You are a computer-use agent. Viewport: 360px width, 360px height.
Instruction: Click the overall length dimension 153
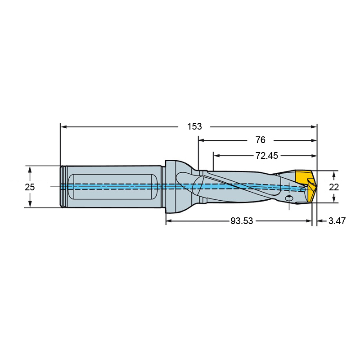point(194,126)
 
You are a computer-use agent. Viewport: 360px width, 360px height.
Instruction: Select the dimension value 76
point(261,140)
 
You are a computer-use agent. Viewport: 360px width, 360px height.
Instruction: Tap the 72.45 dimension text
point(267,156)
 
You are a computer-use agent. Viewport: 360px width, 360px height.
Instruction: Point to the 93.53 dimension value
point(242,221)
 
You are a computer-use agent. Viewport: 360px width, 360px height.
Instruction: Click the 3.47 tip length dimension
point(337,221)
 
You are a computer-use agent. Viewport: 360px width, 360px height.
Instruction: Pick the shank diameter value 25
point(30,187)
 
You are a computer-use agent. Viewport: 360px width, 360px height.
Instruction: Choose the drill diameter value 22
point(334,187)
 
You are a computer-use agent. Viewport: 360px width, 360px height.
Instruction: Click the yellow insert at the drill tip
point(305,186)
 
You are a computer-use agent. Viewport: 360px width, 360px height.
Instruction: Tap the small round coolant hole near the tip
point(289,198)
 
